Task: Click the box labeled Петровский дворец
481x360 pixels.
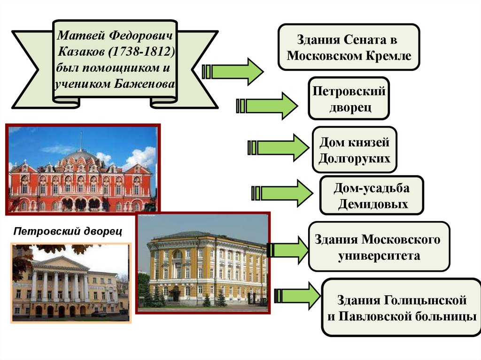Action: pyautogui.click(x=349, y=99)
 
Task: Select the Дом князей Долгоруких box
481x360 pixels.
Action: pyautogui.click(x=355, y=150)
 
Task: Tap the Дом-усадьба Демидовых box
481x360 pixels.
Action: pyautogui.click(x=372, y=195)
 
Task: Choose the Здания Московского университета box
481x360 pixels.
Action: pyautogui.click(x=379, y=247)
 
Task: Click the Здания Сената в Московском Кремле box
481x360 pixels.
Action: pyautogui.click(x=349, y=47)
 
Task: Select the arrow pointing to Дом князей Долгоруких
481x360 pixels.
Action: pyautogui.click(x=277, y=147)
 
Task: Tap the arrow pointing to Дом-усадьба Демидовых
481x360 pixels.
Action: pyautogui.click(x=282, y=192)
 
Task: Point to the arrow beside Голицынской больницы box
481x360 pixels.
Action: pyautogui.click(x=296, y=296)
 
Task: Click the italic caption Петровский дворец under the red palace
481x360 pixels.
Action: pyautogui.click(x=68, y=231)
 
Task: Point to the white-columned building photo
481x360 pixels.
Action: pyautogui.click(x=70, y=284)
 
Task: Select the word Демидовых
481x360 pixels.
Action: pyautogui.click(x=372, y=204)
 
